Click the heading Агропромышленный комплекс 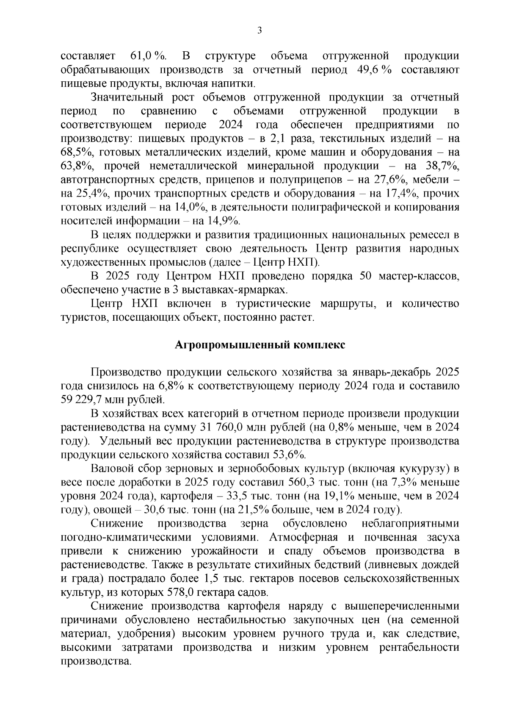tap(260, 345)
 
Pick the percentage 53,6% tap(289, 454)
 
